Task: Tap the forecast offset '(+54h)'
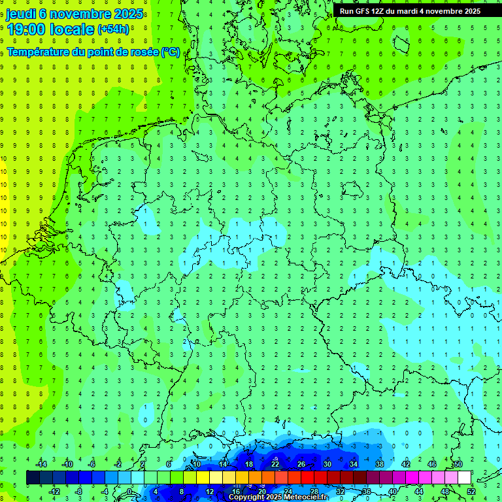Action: (113, 29)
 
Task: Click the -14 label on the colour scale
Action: (41, 464)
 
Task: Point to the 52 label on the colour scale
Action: (471, 492)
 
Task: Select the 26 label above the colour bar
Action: (301, 464)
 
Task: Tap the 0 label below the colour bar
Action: (129, 492)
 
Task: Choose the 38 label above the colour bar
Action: (380, 464)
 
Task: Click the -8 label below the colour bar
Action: (79, 492)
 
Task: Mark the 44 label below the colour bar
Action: (419, 492)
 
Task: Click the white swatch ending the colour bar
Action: (465, 478)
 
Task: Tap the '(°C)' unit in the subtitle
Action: (171, 52)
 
